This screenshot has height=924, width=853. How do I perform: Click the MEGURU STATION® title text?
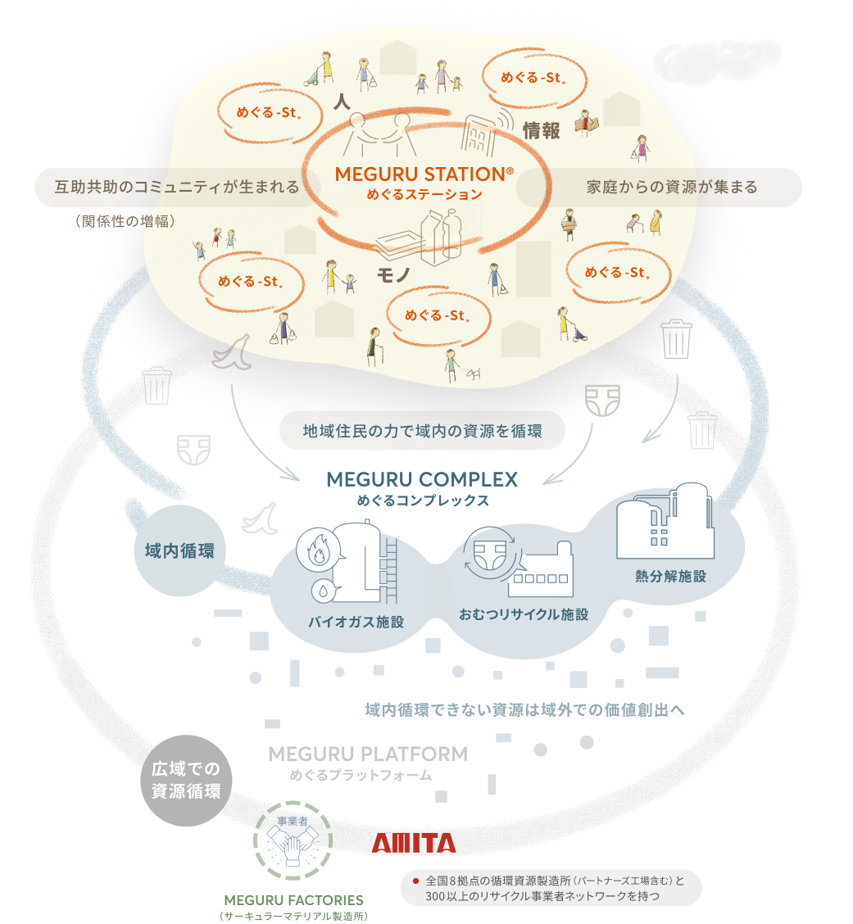[x=424, y=174]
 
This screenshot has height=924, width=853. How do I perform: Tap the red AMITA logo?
[x=414, y=844]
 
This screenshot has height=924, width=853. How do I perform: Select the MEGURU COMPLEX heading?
[x=422, y=479]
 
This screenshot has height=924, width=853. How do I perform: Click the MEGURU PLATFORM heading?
[x=368, y=754]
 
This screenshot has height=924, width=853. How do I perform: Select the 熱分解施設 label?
[x=670, y=576]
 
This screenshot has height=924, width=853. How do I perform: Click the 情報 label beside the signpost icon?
[x=542, y=130]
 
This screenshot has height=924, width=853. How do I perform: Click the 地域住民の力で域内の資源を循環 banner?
[x=422, y=431]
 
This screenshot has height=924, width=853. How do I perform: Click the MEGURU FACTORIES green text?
[x=293, y=899]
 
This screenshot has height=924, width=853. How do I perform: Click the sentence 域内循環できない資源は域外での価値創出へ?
[x=524, y=709]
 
